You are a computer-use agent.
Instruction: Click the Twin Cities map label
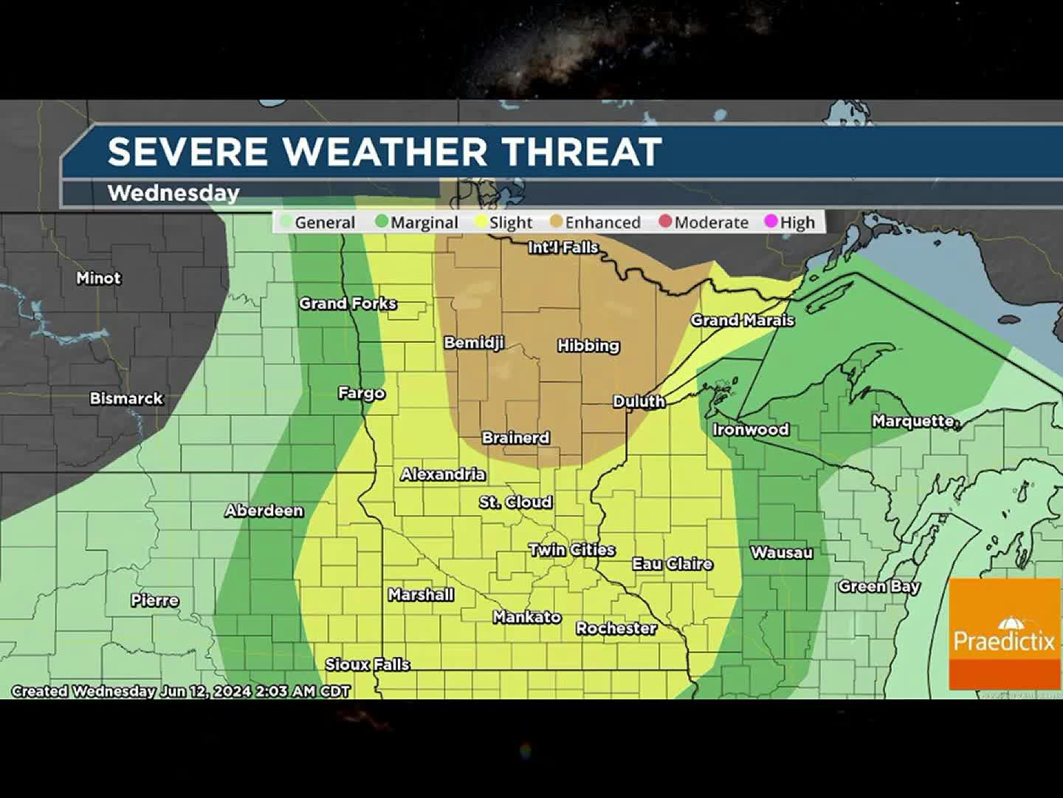click(571, 550)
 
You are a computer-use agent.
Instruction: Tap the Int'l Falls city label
click(563, 248)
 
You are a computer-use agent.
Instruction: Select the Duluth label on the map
click(639, 401)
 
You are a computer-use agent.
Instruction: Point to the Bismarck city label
click(126, 398)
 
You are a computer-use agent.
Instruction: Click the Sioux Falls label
click(367, 664)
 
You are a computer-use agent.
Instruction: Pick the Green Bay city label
click(878, 587)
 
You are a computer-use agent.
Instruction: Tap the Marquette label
click(915, 421)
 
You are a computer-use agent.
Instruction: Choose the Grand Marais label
click(742, 320)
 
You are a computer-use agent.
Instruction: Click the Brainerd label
click(515, 437)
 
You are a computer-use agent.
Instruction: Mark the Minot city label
click(98, 278)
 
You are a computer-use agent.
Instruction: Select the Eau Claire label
click(672, 564)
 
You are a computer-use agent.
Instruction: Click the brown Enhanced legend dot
click(557, 222)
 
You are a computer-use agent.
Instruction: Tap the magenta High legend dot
click(771, 222)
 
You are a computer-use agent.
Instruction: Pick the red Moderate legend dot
click(665, 222)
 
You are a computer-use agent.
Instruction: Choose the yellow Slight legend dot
click(481, 222)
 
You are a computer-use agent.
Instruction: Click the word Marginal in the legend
click(424, 222)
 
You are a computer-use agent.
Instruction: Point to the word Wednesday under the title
click(173, 193)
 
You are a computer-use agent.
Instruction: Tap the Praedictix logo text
click(1004, 640)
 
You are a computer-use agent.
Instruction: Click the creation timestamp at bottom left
click(181, 692)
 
